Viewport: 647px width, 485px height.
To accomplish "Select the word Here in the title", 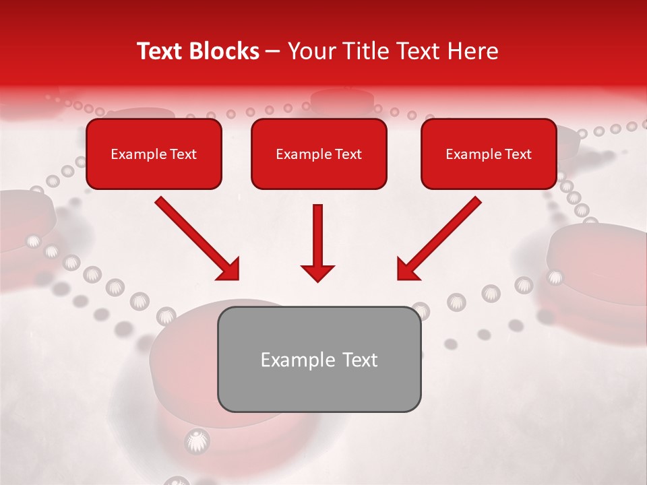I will pyautogui.click(x=473, y=51).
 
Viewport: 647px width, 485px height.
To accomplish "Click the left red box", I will pyautogui.click(x=154, y=154).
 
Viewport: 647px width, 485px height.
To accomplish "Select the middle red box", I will pyautogui.click(x=319, y=154).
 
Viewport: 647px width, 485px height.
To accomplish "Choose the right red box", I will pyautogui.click(x=489, y=154).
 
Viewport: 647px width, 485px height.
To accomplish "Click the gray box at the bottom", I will pyautogui.click(x=319, y=359).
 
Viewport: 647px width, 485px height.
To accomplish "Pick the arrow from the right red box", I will pyautogui.click(x=439, y=238).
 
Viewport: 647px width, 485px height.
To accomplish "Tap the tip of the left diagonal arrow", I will pyautogui.click(x=237, y=278).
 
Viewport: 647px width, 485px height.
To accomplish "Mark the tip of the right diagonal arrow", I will pyautogui.click(x=399, y=278).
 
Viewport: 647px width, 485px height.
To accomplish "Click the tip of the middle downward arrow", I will pyautogui.click(x=317, y=280).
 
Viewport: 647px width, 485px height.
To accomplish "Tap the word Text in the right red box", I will pyautogui.click(x=518, y=154).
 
